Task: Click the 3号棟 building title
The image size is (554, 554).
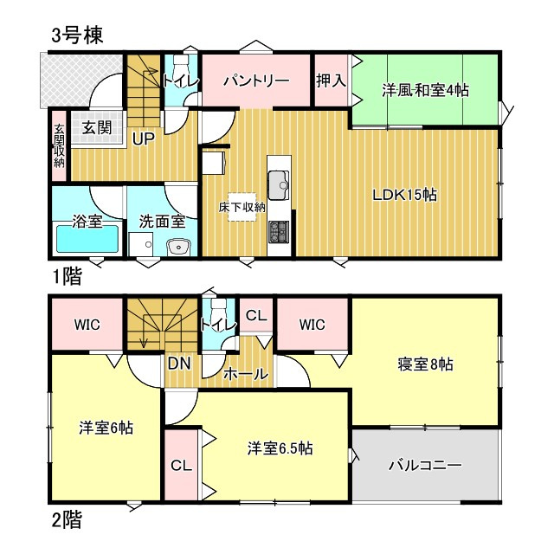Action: click(x=77, y=35)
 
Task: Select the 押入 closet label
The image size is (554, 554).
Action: click(x=331, y=81)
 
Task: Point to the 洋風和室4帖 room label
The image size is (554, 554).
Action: click(x=427, y=89)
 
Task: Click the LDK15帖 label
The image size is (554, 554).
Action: click(x=403, y=195)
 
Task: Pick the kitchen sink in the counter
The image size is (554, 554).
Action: click(x=278, y=184)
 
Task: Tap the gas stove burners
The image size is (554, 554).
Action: click(x=279, y=232)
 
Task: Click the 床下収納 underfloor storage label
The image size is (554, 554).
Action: click(x=242, y=207)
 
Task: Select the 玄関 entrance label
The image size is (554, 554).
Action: click(x=96, y=127)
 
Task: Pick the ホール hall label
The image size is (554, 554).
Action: click(x=245, y=375)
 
